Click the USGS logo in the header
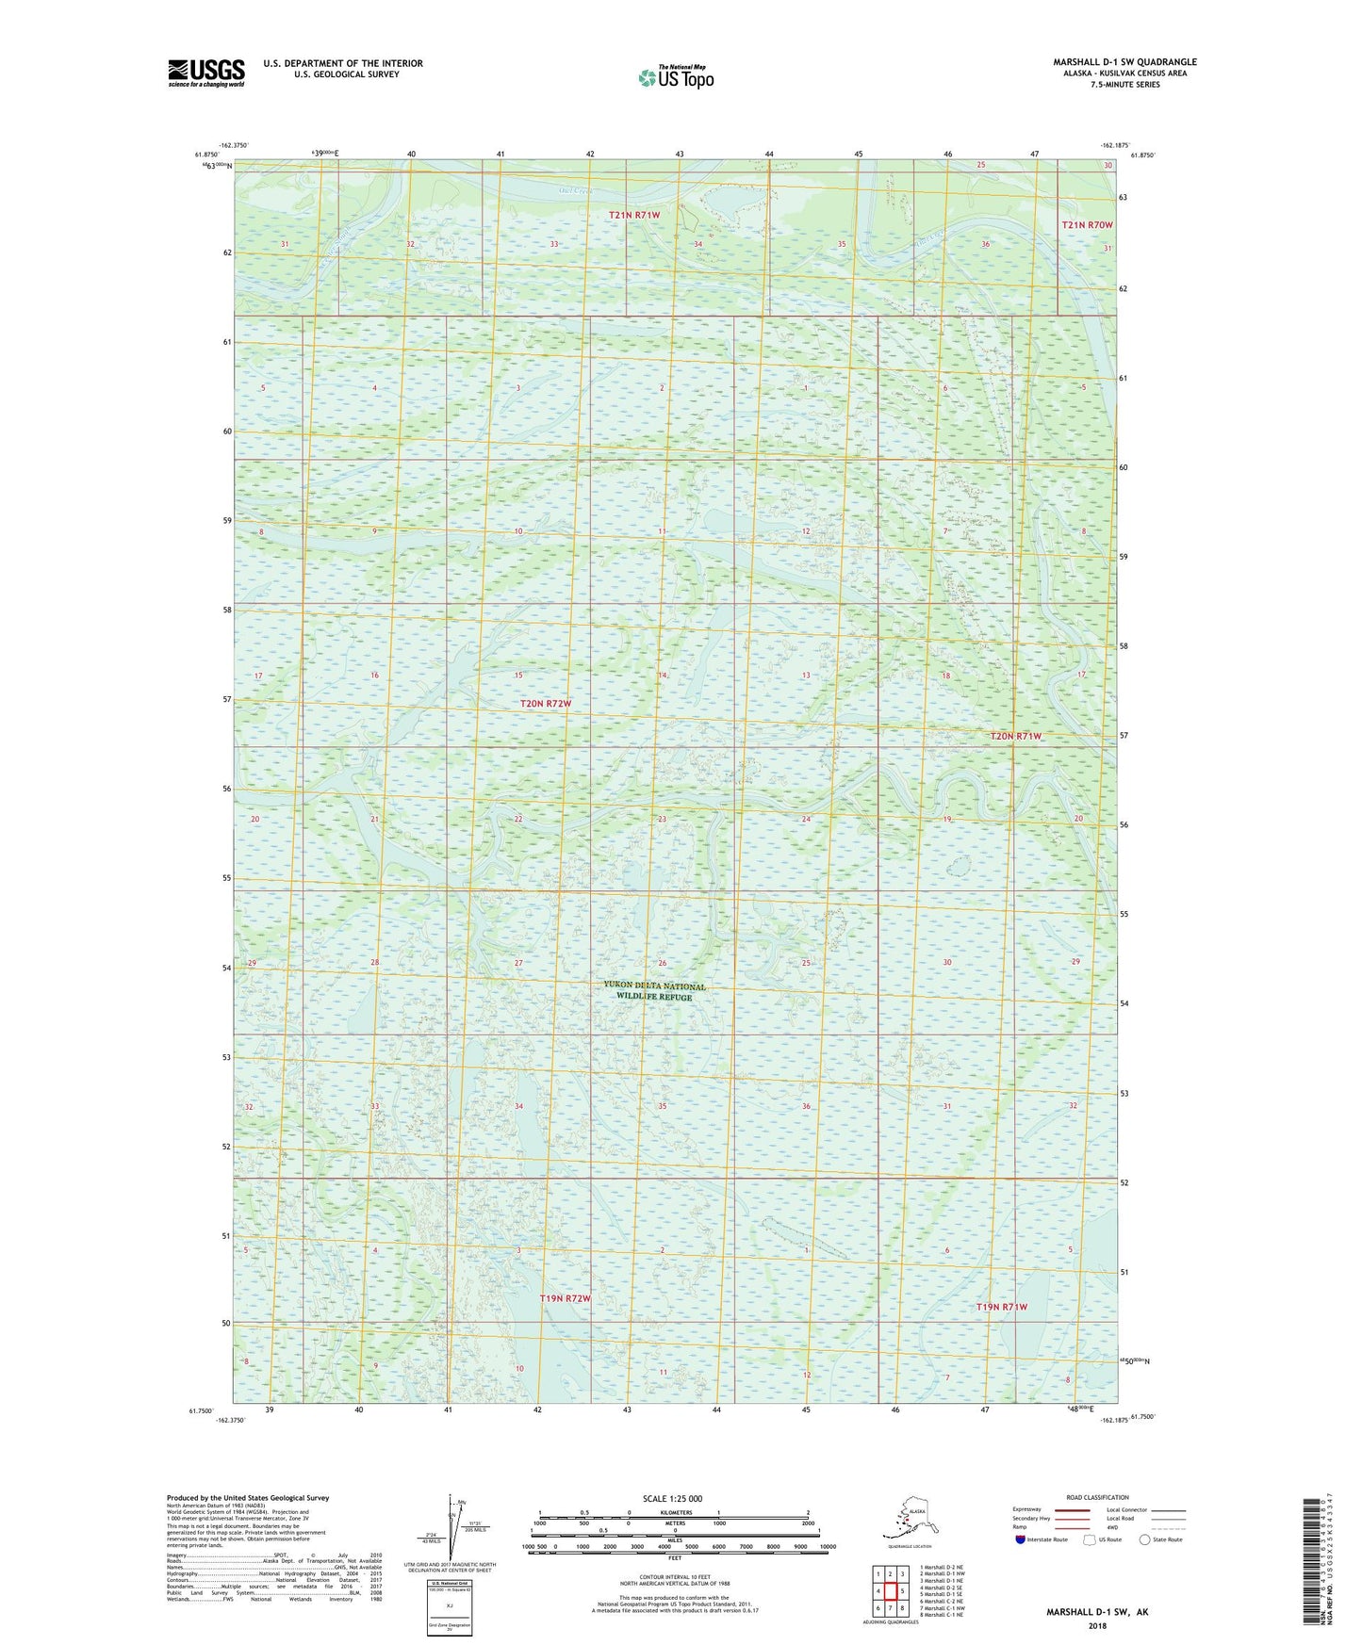(x=205, y=73)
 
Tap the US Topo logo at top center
(x=676, y=77)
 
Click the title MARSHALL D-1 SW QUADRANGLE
(x=1124, y=62)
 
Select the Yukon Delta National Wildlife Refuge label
(x=654, y=991)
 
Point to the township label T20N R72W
(x=546, y=704)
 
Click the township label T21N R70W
(x=1087, y=225)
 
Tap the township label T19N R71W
(x=1001, y=1307)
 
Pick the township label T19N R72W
(x=565, y=1298)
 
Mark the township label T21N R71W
(x=633, y=215)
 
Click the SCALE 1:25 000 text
(x=672, y=1498)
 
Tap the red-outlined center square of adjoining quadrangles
(x=890, y=1591)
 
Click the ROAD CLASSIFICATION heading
(x=1097, y=1497)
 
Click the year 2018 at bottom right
(x=1096, y=1624)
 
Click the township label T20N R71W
(x=1015, y=736)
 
